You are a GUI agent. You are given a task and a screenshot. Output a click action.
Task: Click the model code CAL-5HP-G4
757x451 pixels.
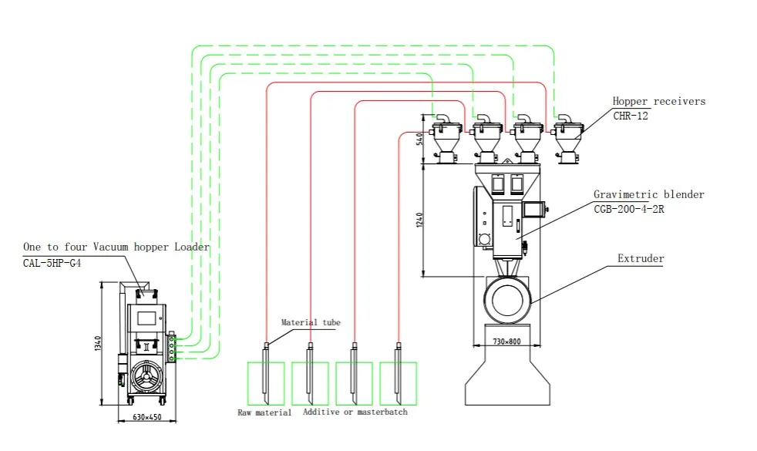click(52, 263)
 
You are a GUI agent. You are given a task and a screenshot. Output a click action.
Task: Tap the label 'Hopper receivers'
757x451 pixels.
click(659, 102)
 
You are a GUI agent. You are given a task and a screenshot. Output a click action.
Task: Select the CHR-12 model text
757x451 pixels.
click(631, 116)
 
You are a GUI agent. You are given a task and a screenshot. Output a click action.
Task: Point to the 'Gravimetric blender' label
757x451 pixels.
click(649, 194)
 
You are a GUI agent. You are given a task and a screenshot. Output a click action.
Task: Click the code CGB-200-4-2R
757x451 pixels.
click(628, 209)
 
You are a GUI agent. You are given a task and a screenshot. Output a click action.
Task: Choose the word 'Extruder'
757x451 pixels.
click(641, 258)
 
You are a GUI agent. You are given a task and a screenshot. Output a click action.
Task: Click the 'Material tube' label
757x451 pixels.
click(311, 322)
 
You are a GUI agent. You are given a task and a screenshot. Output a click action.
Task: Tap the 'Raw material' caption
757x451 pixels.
click(264, 412)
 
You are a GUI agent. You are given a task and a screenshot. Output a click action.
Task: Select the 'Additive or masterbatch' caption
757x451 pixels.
click(355, 412)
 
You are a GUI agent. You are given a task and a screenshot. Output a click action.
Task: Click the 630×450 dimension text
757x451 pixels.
click(147, 417)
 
